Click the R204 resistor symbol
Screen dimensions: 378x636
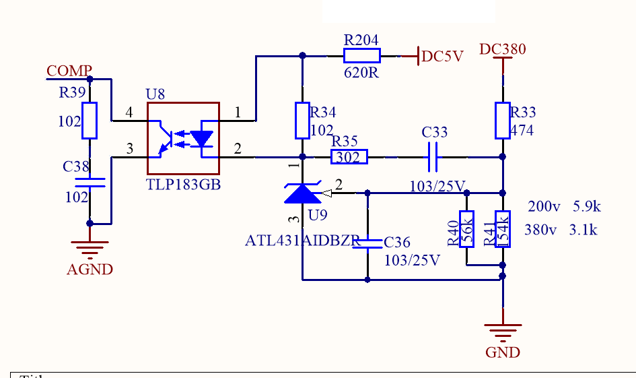click(x=362, y=56)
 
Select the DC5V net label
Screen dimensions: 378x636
click(x=442, y=57)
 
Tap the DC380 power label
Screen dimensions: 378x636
click(x=502, y=49)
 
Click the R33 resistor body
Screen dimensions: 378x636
click(x=502, y=121)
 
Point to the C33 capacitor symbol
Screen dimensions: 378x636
click(x=434, y=157)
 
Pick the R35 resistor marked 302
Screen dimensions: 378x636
click(x=349, y=158)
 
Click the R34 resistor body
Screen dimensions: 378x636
click(x=302, y=121)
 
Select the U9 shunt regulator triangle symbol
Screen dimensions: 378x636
click(x=302, y=193)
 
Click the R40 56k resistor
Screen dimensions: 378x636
click(x=467, y=229)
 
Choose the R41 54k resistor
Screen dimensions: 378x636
click(x=502, y=229)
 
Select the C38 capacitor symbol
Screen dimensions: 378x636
click(x=90, y=181)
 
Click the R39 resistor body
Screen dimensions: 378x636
click(x=90, y=121)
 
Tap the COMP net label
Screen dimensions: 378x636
click(x=69, y=71)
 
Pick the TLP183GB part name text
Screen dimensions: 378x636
click(x=183, y=185)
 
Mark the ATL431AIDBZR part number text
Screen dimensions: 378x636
click(x=302, y=241)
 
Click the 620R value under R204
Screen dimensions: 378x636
click(x=361, y=73)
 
